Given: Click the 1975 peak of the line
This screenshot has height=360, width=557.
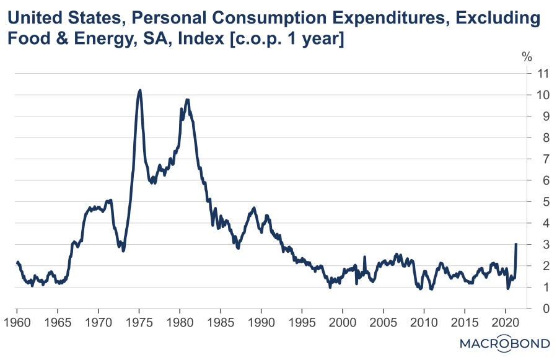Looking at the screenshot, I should point(140,90).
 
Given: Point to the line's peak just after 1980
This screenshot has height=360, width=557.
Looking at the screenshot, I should point(187,100).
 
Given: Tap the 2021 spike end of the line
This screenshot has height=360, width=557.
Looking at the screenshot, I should point(516,244).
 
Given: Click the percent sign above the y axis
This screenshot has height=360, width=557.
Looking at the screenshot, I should point(527,57).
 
